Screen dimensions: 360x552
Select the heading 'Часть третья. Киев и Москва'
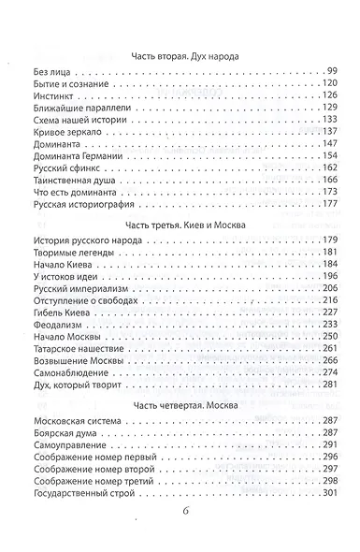(180, 225)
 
